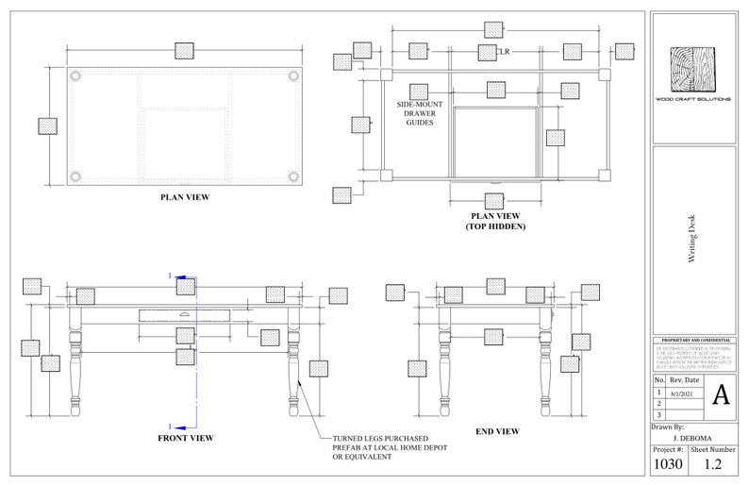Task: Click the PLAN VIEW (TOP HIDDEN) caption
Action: (495, 222)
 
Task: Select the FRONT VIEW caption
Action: (185, 438)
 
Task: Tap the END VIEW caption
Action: (497, 431)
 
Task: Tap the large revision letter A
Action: (721, 393)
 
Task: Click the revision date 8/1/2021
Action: (682, 392)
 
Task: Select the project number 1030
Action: (669, 465)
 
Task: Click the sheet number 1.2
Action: (713, 465)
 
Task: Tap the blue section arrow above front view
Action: (185, 276)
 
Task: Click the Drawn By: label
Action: (669, 426)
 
